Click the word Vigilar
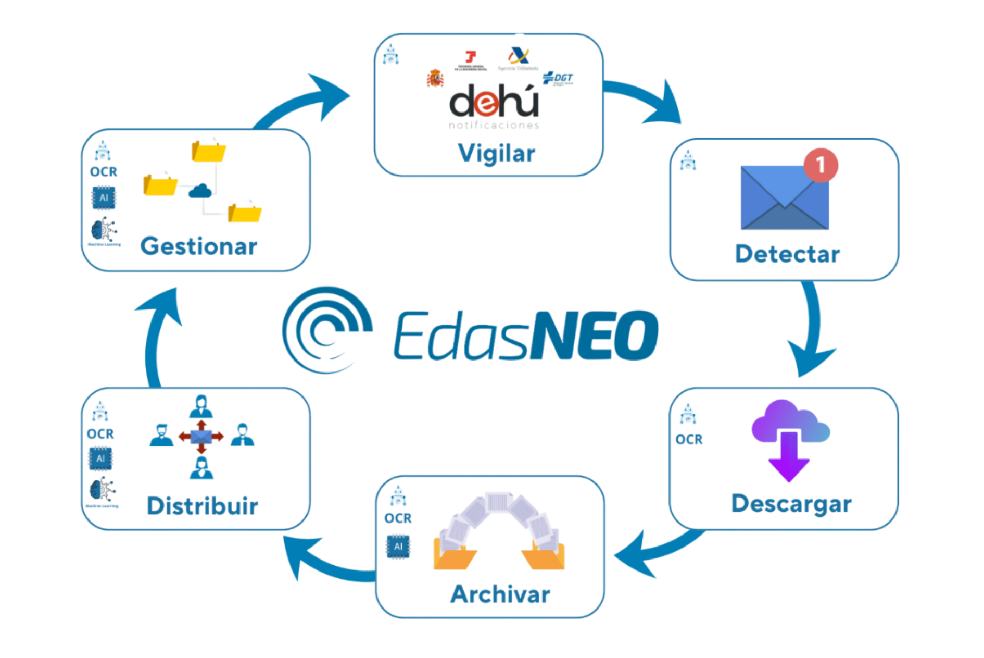496,154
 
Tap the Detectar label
787,254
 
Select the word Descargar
791,504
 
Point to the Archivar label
500,594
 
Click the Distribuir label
203,506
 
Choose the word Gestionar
199,246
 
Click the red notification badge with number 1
821,165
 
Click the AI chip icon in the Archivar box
398,547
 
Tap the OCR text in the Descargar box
689,440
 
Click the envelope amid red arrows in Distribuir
201,437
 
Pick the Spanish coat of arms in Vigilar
435,79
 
